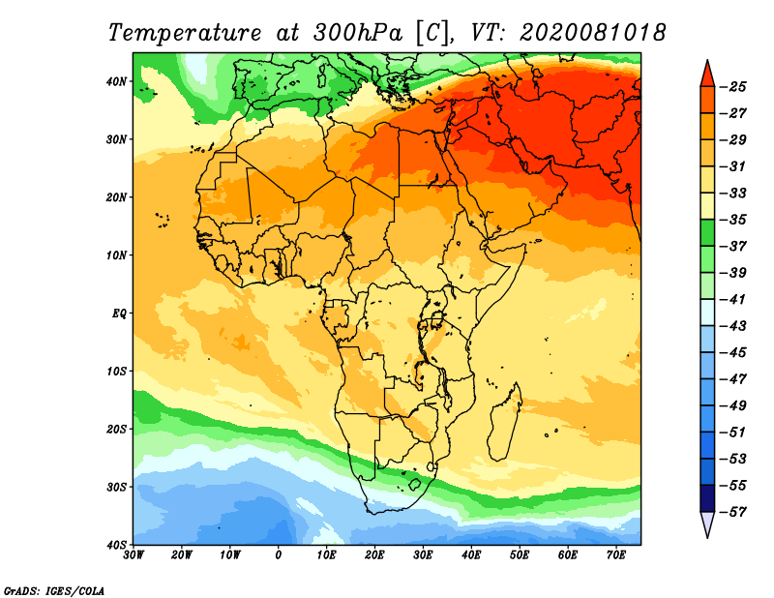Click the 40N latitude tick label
(116, 81)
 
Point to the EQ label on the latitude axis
(118, 313)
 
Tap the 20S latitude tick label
(116, 429)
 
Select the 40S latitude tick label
(116, 544)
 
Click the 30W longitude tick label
(134, 554)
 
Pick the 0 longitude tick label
(279, 554)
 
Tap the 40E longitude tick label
(471, 554)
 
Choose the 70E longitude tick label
(615, 554)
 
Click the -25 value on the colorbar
(736, 87)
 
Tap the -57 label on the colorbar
(736, 511)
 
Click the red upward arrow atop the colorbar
(707, 73)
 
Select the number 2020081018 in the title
(592, 32)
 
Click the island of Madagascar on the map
(505, 422)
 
